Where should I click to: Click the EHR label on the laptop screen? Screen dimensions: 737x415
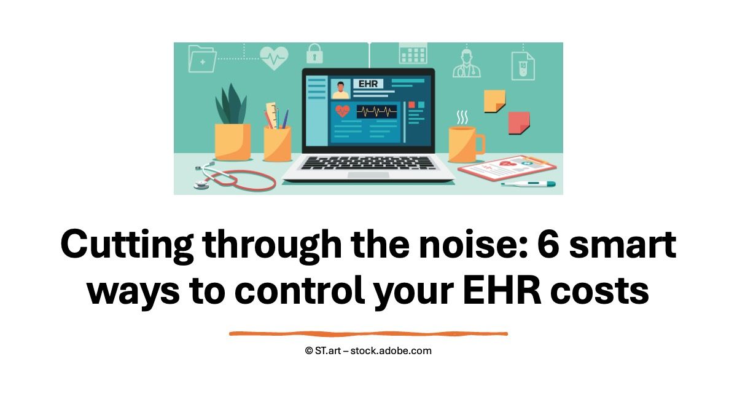click(368, 84)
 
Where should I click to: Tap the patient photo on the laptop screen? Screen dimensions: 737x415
click(340, 89)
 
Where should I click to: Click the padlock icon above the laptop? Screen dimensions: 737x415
click(314, 53)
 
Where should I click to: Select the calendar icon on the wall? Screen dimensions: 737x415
click(413, 53)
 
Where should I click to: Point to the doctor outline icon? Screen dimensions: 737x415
click(466, 63)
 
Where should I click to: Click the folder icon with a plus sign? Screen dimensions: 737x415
click(202, 59)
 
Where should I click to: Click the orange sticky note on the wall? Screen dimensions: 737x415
click(494, 101)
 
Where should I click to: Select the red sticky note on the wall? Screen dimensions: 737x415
click(519, 123)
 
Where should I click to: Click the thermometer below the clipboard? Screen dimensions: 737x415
click(528, 184)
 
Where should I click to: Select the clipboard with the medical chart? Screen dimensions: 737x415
click(507, 168)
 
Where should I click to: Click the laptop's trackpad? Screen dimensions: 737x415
click(368, 175)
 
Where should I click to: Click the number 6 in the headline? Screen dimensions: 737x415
click(548, 244)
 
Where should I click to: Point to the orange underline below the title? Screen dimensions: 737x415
click(368, 334)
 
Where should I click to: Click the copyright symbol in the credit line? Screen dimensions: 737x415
click(308, 351)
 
